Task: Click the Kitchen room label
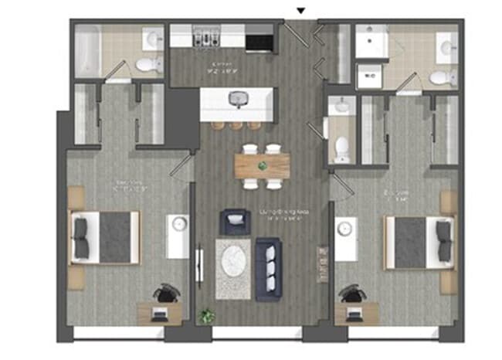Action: (223, 65)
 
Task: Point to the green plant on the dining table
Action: (263, 165)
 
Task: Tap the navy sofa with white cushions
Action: (270, 260)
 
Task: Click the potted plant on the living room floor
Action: (206, 315)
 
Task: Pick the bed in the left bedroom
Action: (106, 237)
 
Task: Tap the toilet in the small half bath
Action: (341, 146)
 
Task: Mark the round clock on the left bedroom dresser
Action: (179, 225)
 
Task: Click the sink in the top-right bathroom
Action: (446, 48)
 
